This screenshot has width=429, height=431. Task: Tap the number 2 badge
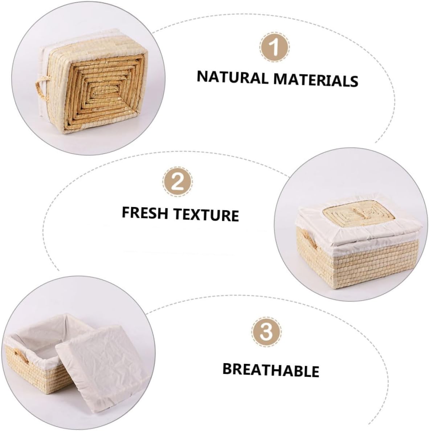point(178,182)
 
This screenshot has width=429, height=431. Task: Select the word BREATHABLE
point(271,370)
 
